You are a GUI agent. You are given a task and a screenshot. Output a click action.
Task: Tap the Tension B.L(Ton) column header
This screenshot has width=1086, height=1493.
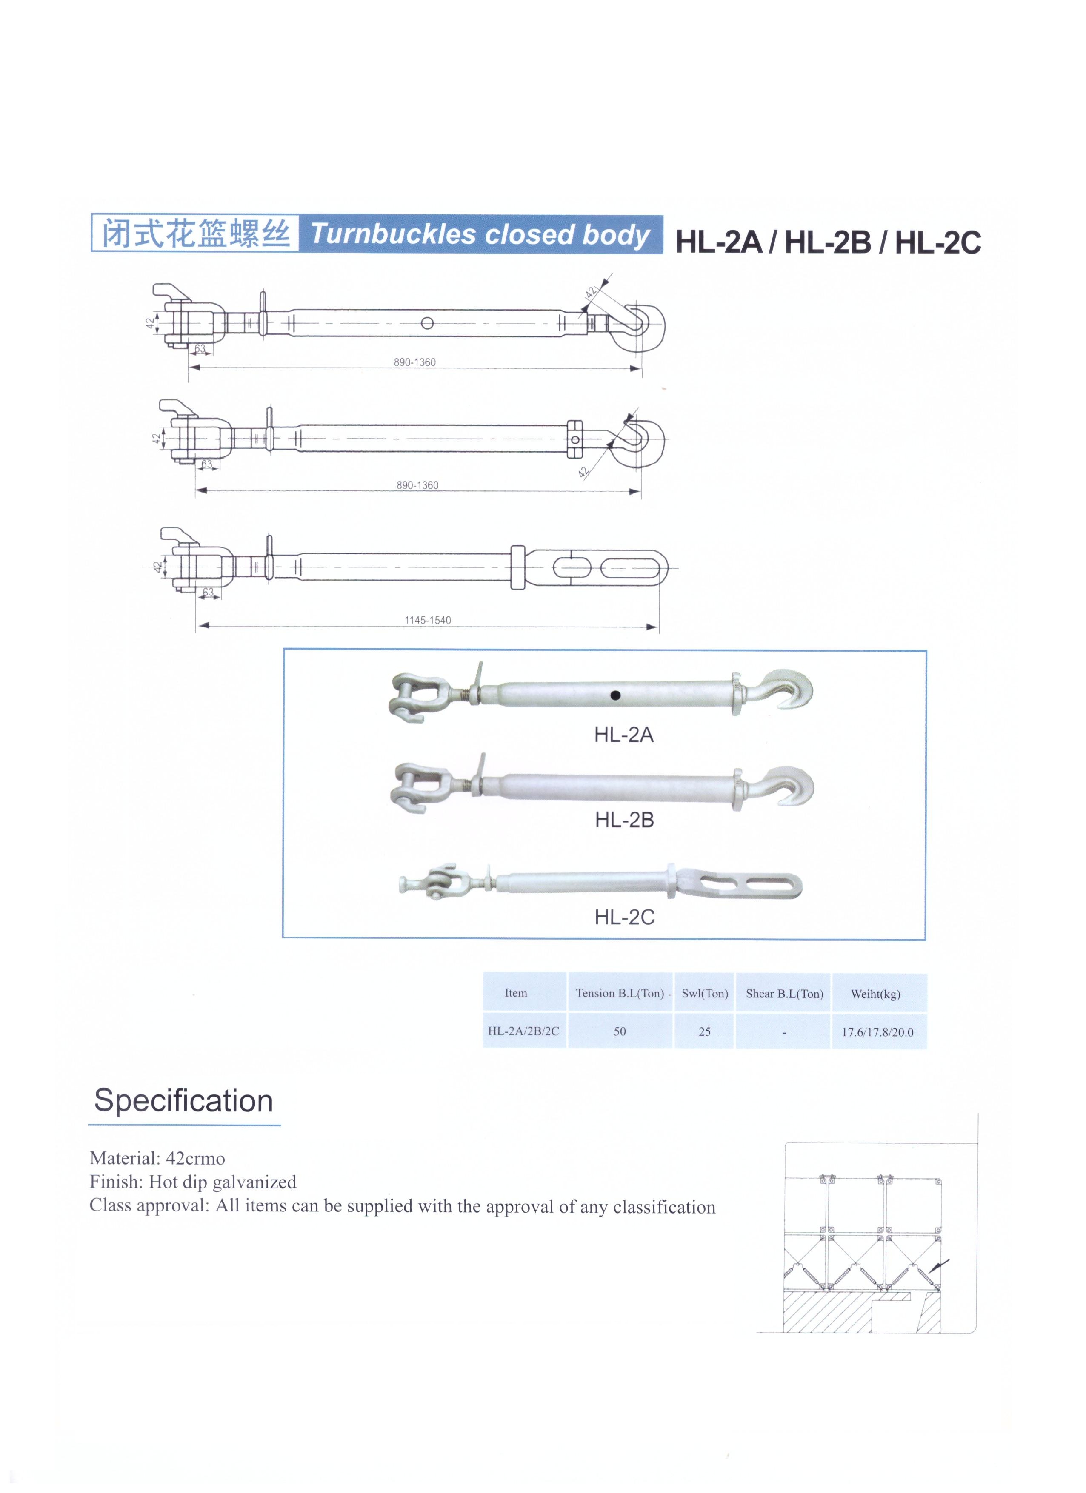[x=619, y=993]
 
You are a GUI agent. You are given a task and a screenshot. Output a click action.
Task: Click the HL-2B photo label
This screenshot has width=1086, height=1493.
[x=624, y=820]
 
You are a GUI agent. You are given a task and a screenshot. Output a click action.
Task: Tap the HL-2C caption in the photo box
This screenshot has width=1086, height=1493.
[x=624, y=917]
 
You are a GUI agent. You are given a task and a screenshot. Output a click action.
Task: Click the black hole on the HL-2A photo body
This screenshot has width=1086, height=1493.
[x=614, y=695]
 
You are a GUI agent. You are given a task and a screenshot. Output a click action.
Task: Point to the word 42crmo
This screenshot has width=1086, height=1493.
[x=196, y=1158]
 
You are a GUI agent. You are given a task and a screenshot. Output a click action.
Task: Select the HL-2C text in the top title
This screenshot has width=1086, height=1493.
[x=938, y=242]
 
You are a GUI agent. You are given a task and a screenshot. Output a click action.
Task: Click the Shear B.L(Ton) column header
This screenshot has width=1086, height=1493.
[x=784, y=993]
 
